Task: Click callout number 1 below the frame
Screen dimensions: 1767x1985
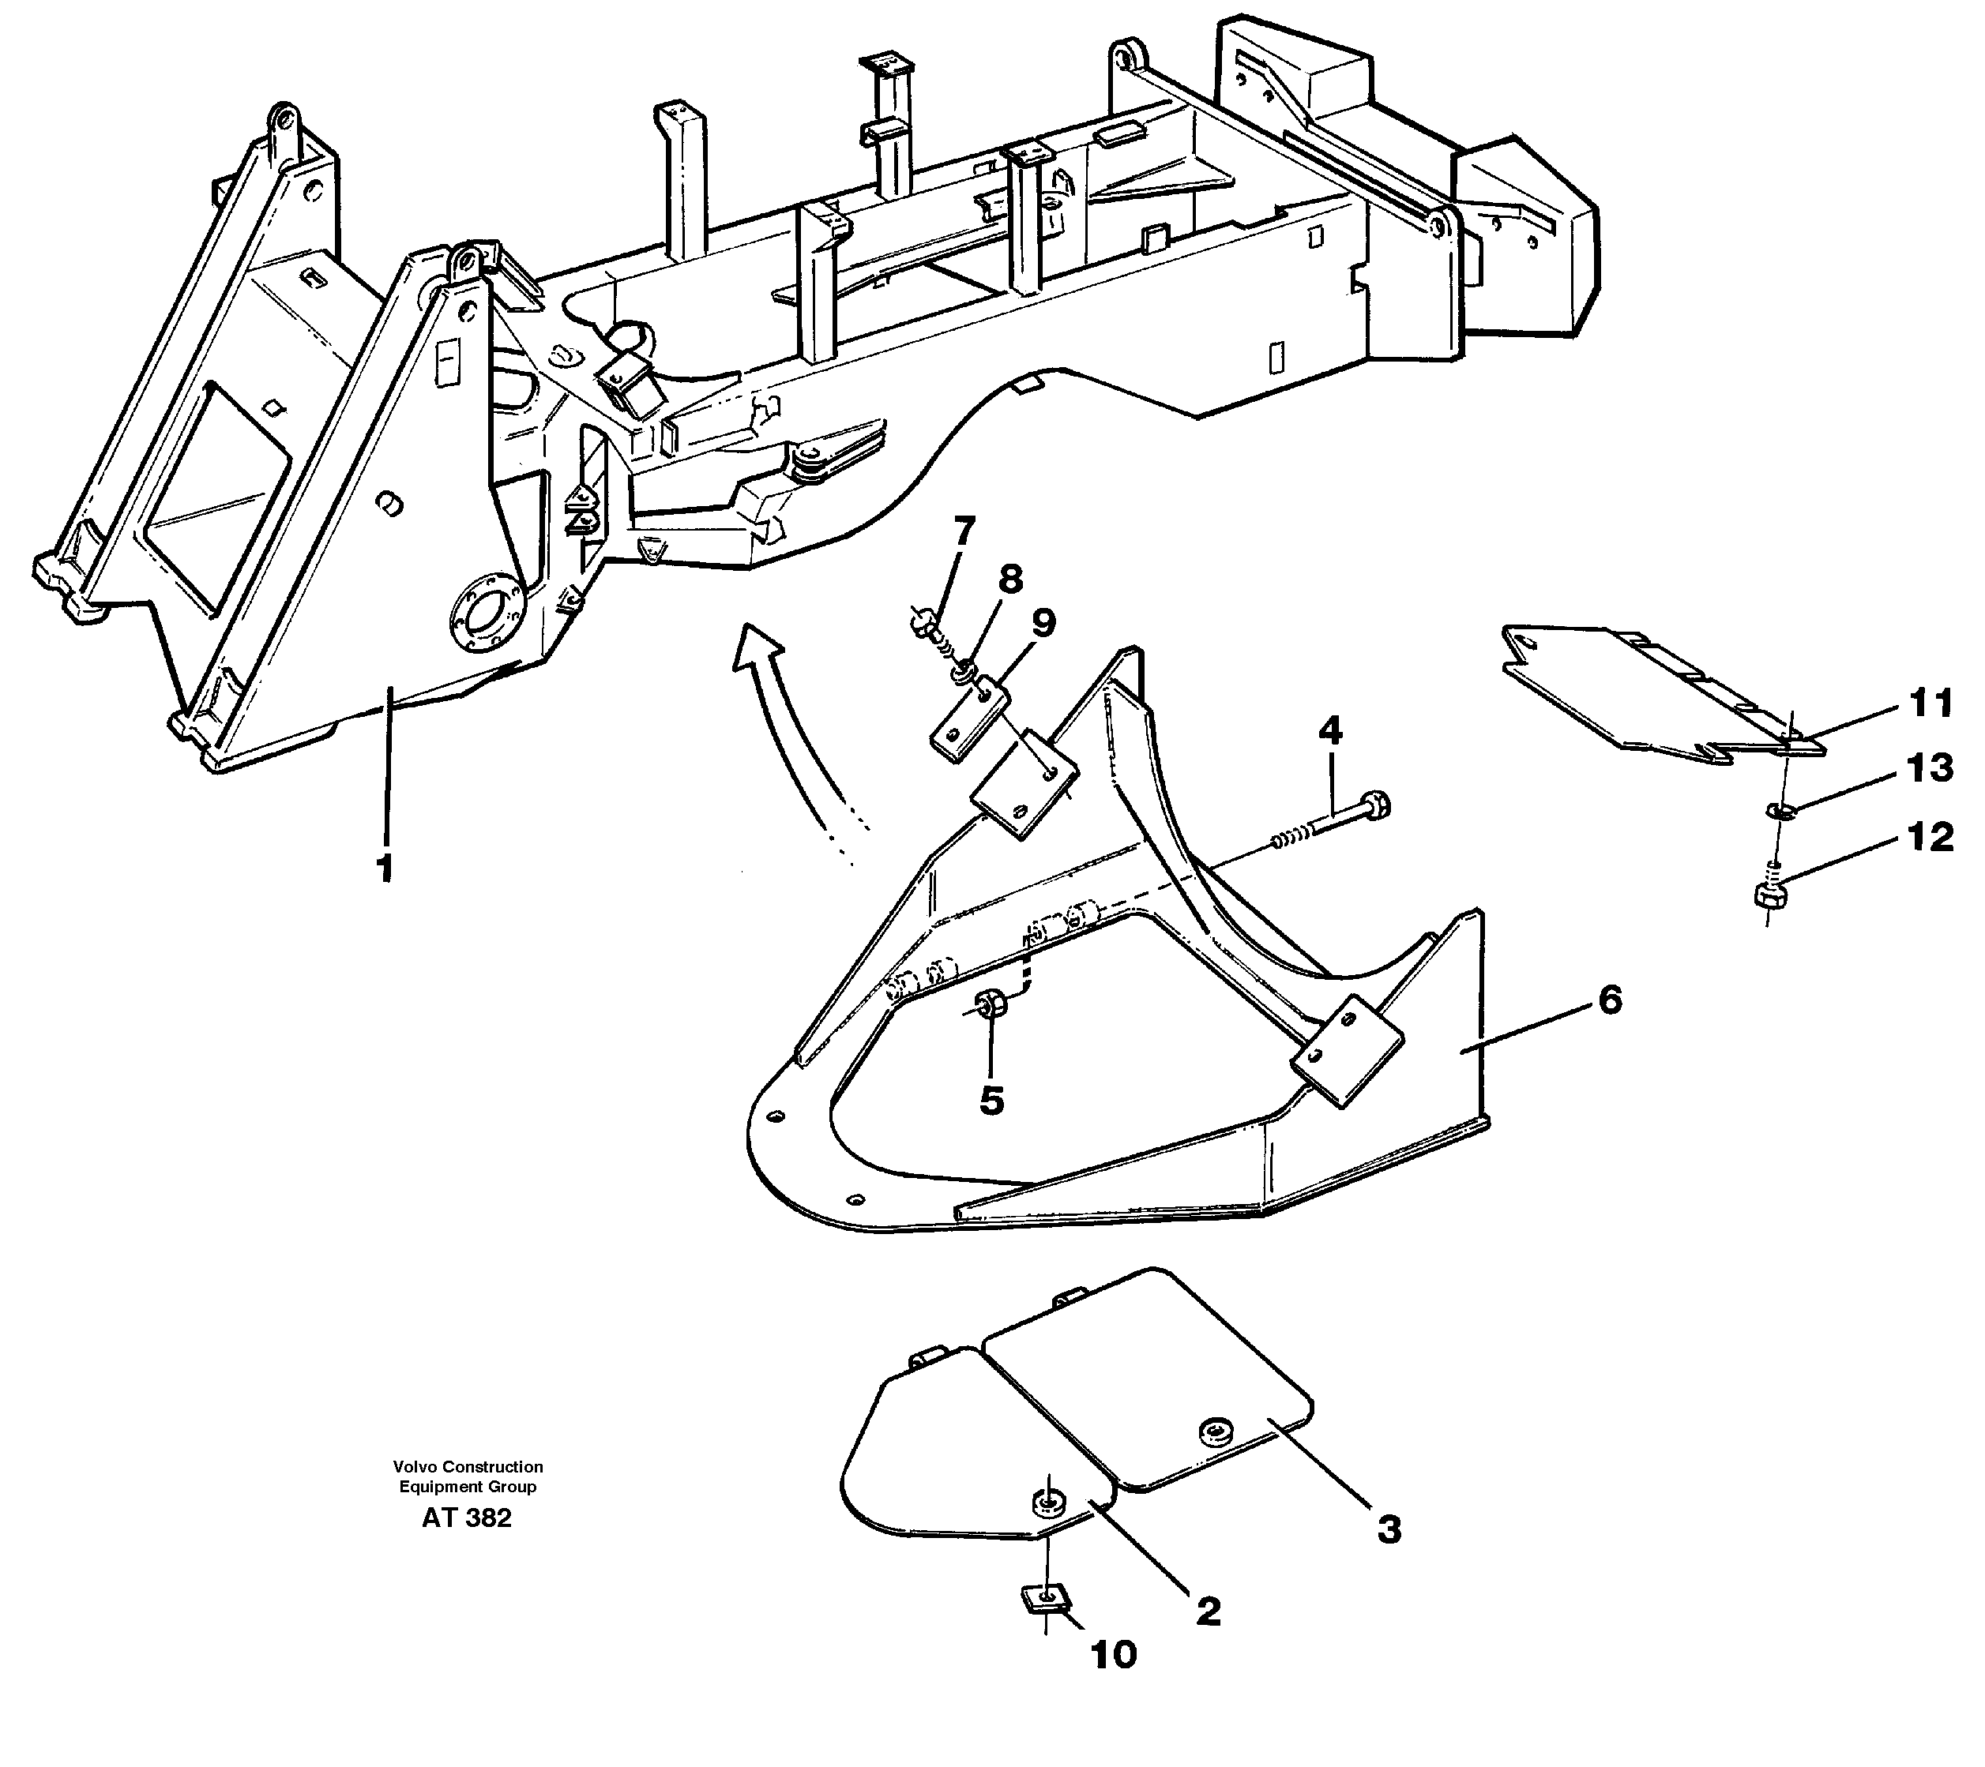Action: (385, 867)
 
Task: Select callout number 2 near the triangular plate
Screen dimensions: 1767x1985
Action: (1207, 1611)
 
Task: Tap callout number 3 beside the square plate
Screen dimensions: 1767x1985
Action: (1389, 1529)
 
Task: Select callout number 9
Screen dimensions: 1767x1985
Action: (1043, 622)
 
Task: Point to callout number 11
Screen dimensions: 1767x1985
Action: (1930, 703)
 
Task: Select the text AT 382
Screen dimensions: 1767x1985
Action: (466, 1518)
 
